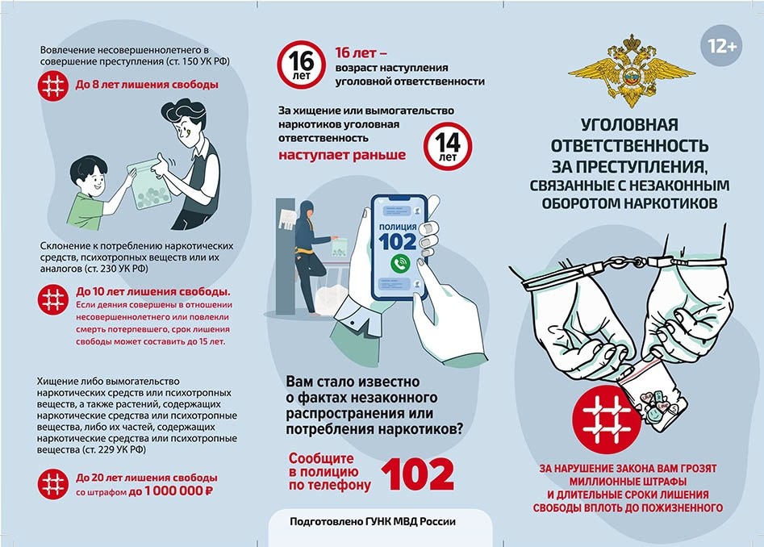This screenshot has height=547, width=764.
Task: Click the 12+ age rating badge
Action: point(721,46)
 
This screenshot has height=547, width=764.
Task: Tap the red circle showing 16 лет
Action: point(301,65)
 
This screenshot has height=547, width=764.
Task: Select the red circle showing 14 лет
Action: point(447,146)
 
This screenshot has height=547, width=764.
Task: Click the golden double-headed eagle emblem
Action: point(632,71)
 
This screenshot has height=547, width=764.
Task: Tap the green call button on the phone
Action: point(400,264)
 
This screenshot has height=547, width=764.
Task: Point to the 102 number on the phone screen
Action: point(398,241)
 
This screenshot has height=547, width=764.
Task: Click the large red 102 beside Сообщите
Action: point(418,474)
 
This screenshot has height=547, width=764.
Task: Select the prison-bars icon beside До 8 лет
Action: point(52,86)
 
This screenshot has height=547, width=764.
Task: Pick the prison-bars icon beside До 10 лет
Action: point(52,299)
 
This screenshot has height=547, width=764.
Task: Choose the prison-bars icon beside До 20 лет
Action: point(52,484)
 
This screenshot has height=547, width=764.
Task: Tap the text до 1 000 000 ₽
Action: point(170,491)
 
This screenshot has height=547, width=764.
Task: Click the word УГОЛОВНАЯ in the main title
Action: point(629,125)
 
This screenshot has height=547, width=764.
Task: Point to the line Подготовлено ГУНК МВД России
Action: point(373,522)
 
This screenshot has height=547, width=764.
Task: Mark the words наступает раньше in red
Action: point(342,155)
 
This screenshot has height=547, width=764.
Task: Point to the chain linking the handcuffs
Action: point(626,262)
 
